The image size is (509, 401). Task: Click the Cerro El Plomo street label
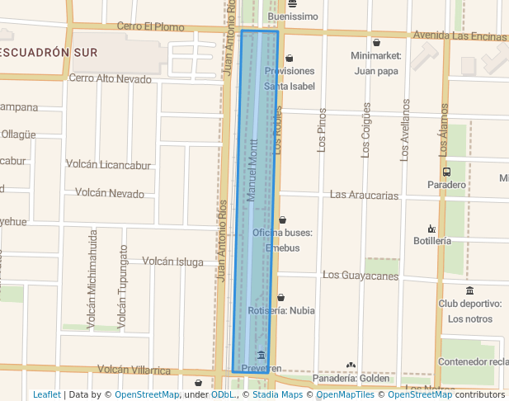pos(150,26)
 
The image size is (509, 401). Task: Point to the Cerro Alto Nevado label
pos(110,79)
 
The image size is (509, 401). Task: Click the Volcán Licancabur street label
pos(108,164)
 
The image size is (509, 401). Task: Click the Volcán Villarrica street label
pos(134,370)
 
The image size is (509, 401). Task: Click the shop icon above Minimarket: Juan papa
pos(376,42)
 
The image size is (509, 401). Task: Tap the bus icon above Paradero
pos(446,172)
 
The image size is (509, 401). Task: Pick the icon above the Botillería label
pos(431,228)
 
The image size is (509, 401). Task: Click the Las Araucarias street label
pos(364,195)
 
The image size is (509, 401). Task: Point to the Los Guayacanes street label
pos(360,274)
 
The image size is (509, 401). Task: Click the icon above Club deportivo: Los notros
pos(469,290)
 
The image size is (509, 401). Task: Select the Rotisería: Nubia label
pos(281,311)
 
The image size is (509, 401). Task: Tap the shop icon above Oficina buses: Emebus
pos(282,219)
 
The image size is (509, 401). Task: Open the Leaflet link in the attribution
pos(47,394)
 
